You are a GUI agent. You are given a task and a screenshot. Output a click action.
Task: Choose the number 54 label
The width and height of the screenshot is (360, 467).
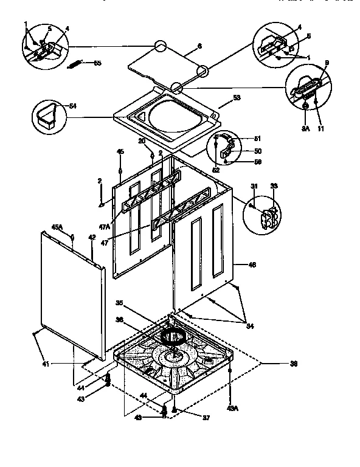pyautogui.click(x=74, y=106)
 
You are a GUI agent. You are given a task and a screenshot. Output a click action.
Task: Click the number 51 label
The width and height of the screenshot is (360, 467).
pyautogui.click(x=257, y=138)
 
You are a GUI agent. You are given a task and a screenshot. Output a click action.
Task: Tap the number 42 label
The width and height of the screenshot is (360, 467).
pyautogui.click(x=92, y=239)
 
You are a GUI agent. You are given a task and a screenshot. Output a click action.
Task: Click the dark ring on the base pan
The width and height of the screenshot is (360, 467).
pyautogui.click(x=173, y=336)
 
